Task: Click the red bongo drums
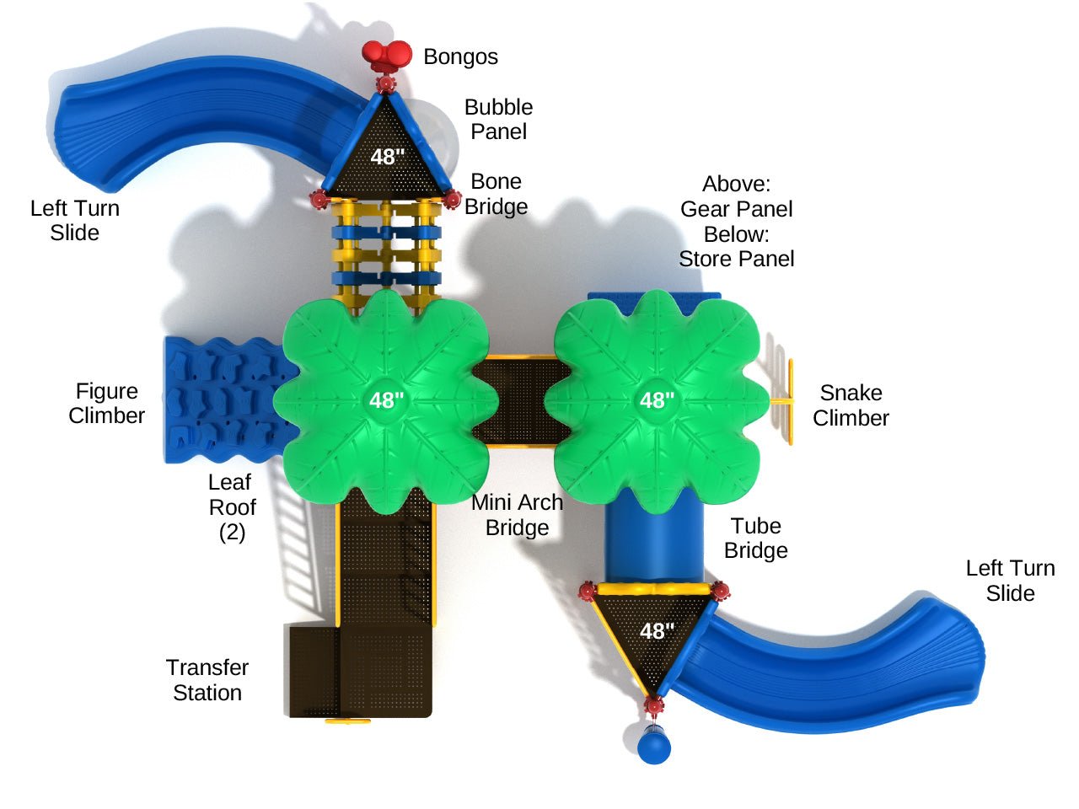(387, 56)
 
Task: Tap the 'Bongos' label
(460, 56)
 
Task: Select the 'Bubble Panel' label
(498, 119)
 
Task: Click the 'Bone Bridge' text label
(496, 194)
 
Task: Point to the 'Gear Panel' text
(736, 209)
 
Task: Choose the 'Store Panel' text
(736, 259)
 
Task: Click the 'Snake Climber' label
(851, 405)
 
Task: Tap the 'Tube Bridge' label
(755, 538)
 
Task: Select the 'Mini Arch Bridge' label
(517, 515)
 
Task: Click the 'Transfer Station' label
(207, 680)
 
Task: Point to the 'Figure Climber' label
(106, 403)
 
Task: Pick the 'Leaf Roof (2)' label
(232, 506)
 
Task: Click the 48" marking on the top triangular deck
(388, 156)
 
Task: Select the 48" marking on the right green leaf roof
(657, 400)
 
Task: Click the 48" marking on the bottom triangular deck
(657, 630)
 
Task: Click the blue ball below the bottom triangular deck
(654, 747)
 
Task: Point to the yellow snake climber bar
(791, 402)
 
